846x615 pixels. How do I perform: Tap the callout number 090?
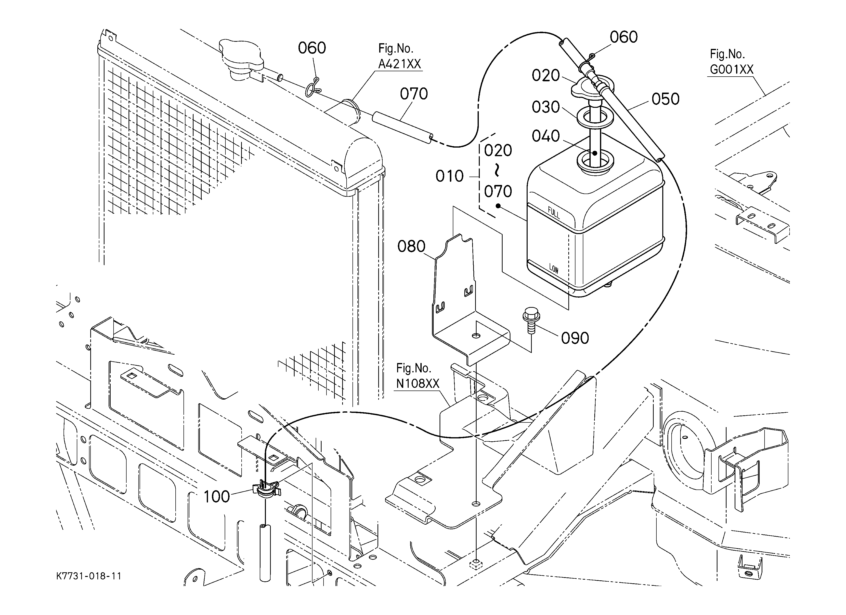click(x=575, y=338)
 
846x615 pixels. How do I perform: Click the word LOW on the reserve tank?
click(x=554, y=268)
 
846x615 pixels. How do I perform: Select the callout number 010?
click(x=449, y=176)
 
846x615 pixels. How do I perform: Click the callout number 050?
click(x=665, y=99)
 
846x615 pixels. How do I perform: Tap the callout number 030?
click(x=546, y=107)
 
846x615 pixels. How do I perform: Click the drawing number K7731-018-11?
click(x=89, y=576)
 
